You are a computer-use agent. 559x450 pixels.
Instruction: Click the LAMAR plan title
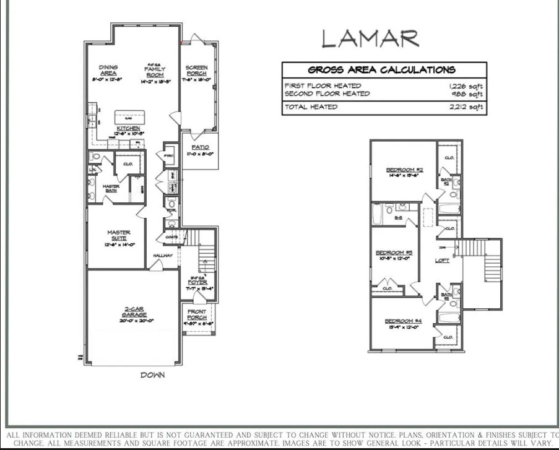pyautogui.click(x=370, y=38)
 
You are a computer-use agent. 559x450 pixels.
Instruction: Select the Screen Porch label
pyautogui.click(x=197, y=71)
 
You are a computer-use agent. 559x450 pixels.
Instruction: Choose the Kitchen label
pyautogui.click(x=129, y=129)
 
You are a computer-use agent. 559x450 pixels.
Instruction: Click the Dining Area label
pyautogui.click(x=109, y=70)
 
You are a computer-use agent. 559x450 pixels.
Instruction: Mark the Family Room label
pyautogui.click(x=155, y=71)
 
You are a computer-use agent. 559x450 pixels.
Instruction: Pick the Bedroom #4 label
pyautogui.click(x=403, y=321)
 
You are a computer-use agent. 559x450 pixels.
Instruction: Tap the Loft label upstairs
pyautogui.click(x=443, y=261)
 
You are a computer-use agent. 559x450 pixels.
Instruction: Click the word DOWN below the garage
pyautogui.click(x=153, y=375)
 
